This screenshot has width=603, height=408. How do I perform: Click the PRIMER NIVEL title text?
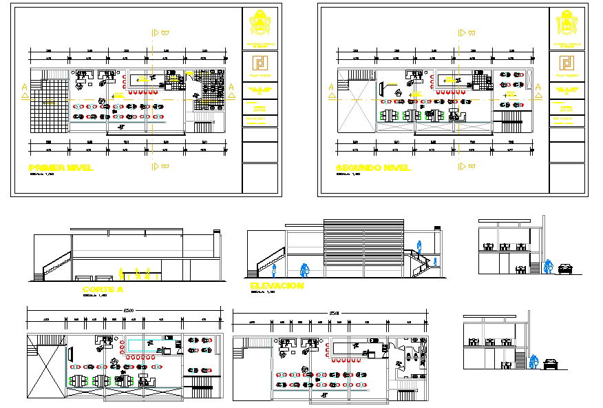[x=61, y=167]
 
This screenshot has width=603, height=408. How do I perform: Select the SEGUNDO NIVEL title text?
[x=372, y=167]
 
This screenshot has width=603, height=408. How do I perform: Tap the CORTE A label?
[x=102, y=289]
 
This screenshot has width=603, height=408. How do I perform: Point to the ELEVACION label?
[x=276, y=285]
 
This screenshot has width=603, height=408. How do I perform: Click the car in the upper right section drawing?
[x=565, y=269]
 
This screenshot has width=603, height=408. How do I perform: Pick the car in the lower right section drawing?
[x=550, y=363]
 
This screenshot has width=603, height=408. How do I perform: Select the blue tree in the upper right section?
[x=549, y=265]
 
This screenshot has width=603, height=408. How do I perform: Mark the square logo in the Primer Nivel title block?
[x=260, y=63]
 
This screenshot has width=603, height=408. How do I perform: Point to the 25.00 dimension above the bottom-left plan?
[x=129, y=312]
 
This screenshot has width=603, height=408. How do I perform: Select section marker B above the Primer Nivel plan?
[x=160, y=32]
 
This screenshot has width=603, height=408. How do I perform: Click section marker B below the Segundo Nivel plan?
[x=468, y=166]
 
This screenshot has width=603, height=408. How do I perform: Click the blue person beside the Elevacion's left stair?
[x=275, y=273]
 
